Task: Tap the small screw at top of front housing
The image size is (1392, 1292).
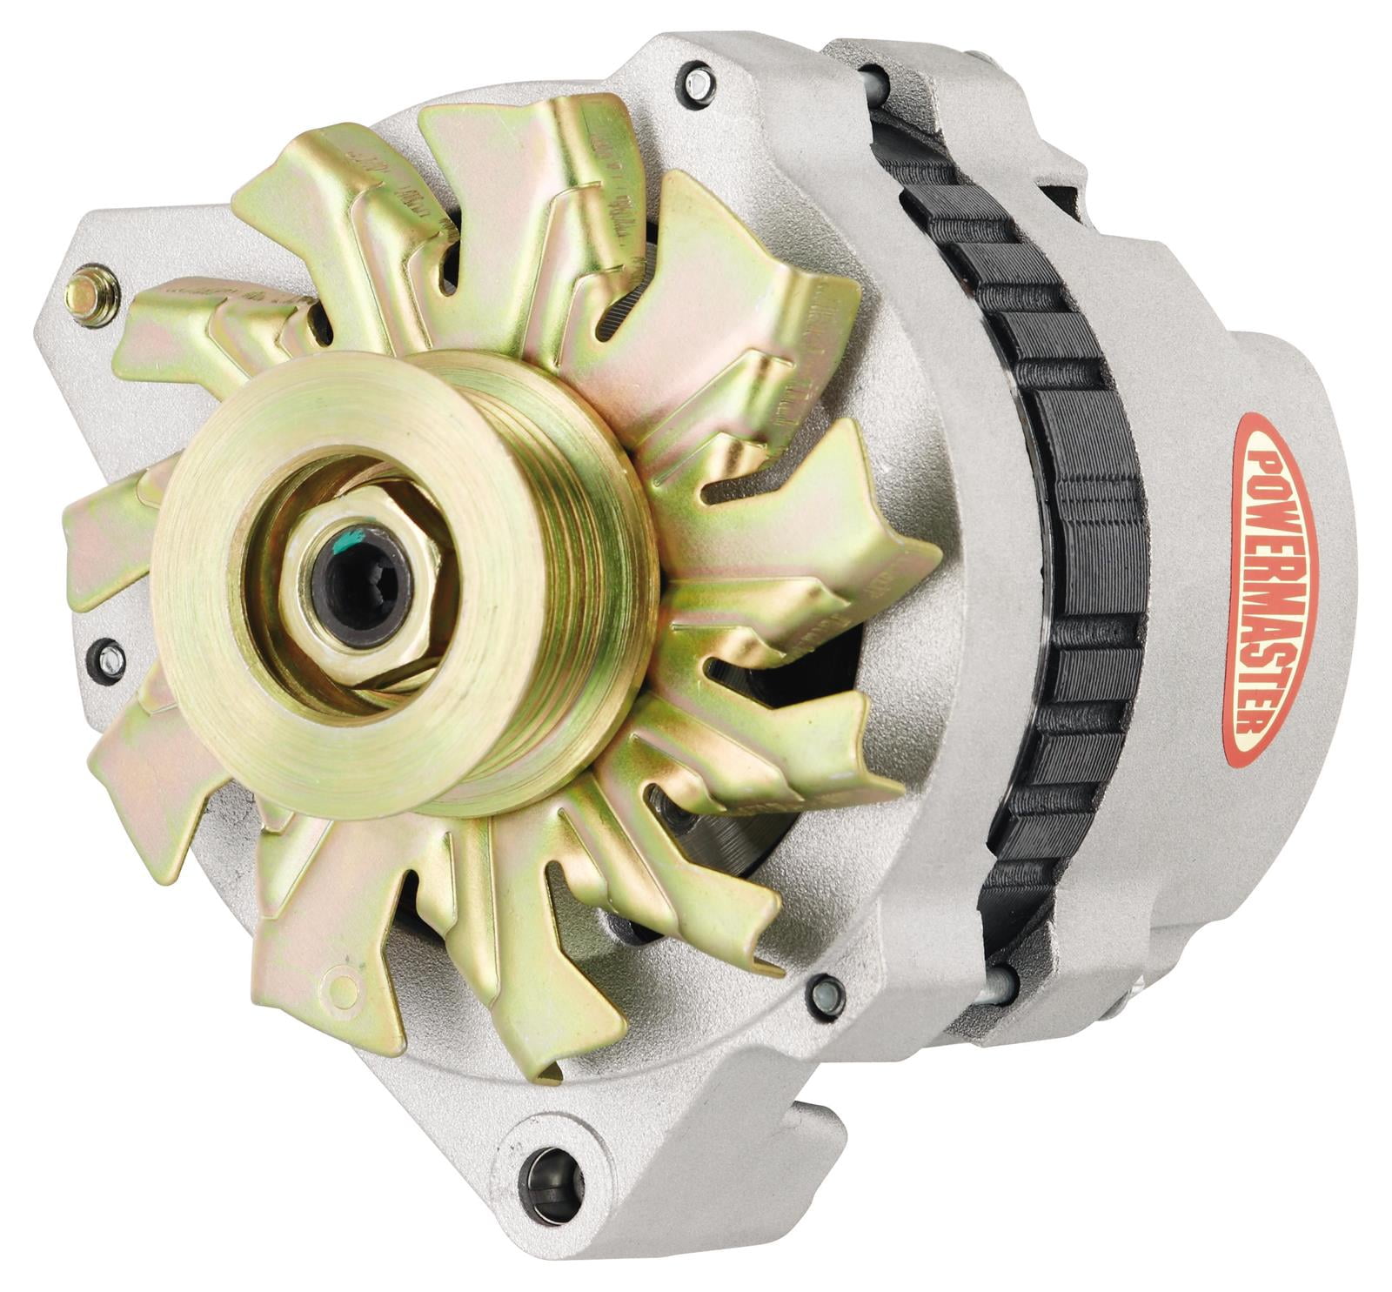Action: coord(696,83)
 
